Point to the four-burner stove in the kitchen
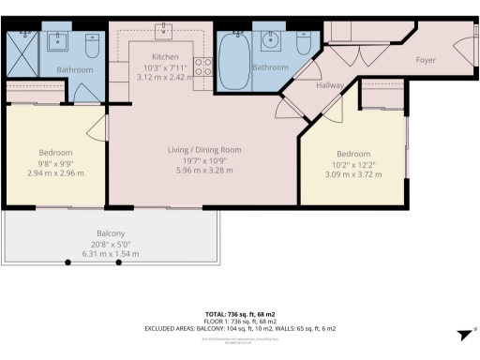[202, 66]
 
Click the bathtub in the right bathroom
[231, 58]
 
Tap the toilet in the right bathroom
[303, 44]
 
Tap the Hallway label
[330, 84]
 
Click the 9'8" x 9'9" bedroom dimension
[55, 163]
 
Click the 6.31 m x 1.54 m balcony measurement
[111, 254]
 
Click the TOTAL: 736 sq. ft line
[239, 313]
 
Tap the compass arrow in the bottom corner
[463, 336]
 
